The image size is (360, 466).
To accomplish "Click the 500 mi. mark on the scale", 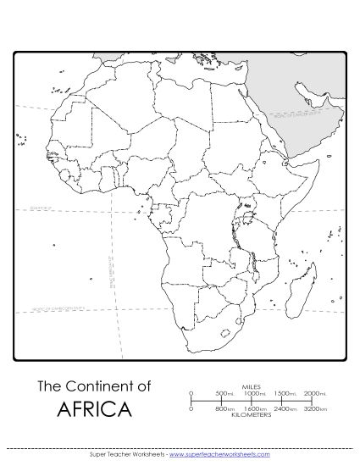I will pyautogui.click(x=224, y=394).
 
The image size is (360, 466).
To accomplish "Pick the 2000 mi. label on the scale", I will pyautogui.click(x=313, y=394).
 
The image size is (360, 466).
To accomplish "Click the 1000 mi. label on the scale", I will pyautogui.click(x=254, y=394).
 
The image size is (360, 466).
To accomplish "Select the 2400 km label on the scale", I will pyautogui.click(x=284, y=409).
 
